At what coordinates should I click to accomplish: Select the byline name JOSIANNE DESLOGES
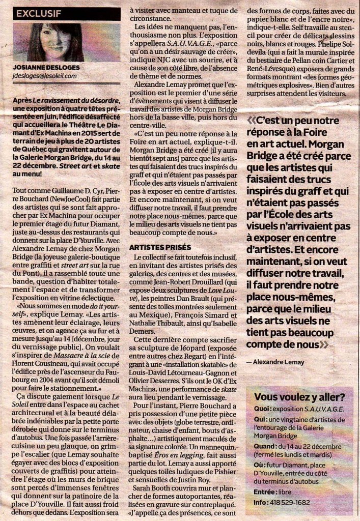pos(47,68)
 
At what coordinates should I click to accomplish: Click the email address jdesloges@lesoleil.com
pos(45,76)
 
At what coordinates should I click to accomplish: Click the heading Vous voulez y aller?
pos(299,397)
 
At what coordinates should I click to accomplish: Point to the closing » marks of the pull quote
pos(324,344)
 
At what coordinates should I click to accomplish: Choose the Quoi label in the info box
pos(262,409)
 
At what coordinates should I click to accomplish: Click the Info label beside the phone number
pos(260,503)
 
